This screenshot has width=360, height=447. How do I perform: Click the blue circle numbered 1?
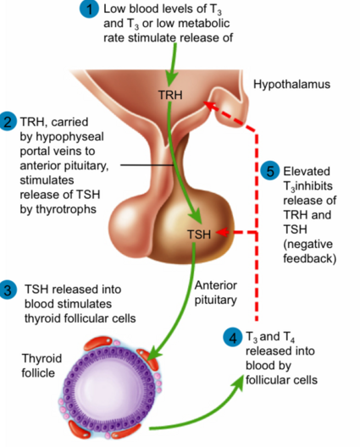(89, 8)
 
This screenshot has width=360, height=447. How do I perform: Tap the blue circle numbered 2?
(8, 121)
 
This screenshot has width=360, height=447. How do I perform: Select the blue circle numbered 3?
(8, 290)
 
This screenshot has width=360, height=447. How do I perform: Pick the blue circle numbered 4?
(233, 337)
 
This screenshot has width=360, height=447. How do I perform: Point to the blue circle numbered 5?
(270, 171)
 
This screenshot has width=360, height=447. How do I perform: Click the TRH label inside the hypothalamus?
(170, 95)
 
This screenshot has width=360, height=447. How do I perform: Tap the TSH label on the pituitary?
(199, 235)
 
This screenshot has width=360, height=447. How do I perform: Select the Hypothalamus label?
(291, 85)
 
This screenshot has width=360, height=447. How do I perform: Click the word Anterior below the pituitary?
(216, 285)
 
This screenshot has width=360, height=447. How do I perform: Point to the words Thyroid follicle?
(42, 366)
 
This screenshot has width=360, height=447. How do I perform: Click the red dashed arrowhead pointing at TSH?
(223, 232)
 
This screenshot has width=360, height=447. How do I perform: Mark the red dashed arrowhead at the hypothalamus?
(210, 106)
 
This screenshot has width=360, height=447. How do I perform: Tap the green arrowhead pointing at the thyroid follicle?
(152, 353)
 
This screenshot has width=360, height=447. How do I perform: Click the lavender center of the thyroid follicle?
(109, 390)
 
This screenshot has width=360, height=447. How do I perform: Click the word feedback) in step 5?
(310, 258)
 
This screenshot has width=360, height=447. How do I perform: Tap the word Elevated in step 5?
(307, 171)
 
